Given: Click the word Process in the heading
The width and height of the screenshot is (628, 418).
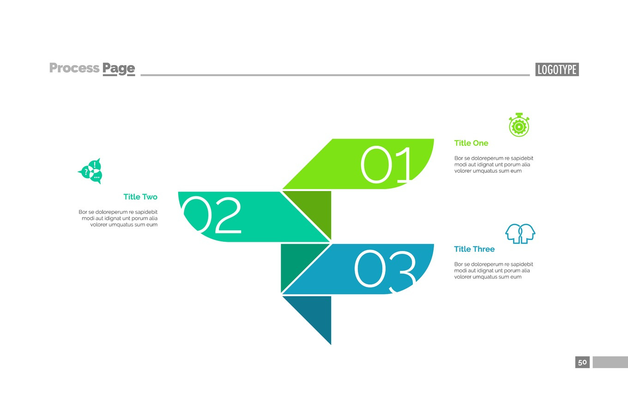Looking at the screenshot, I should click(x=74, y=68).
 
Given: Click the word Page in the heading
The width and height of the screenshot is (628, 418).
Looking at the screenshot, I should click(x=119, y=69).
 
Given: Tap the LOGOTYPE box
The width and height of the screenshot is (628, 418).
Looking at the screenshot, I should click(x=557, y=70).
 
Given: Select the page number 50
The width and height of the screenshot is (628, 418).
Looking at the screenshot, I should click(x=582, y=362).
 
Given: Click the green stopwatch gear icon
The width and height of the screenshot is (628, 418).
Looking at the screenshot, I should click(x=519, y=125).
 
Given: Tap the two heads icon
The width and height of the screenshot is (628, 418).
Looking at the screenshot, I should click(x=520, y=233).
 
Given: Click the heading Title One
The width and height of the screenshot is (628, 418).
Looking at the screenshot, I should click(x=471, y=143).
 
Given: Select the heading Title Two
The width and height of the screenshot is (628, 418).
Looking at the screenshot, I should click(x=140, y=197).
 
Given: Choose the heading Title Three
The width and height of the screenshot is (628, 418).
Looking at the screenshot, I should click(x=474, y=249).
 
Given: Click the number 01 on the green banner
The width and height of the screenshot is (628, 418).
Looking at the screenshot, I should click(x=386, y=165).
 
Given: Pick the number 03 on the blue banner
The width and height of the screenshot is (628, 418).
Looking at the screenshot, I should click(x=385, y=269).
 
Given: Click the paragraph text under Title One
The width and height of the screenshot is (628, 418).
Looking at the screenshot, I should click(x=494, y=164).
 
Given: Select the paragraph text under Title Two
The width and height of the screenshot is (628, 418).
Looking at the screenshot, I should click(x=118, y=218).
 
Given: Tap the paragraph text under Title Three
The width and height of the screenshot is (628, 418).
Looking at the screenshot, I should click(x=494, y=270).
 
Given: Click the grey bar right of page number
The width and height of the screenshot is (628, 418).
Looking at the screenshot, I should click(x=610, y=362).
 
